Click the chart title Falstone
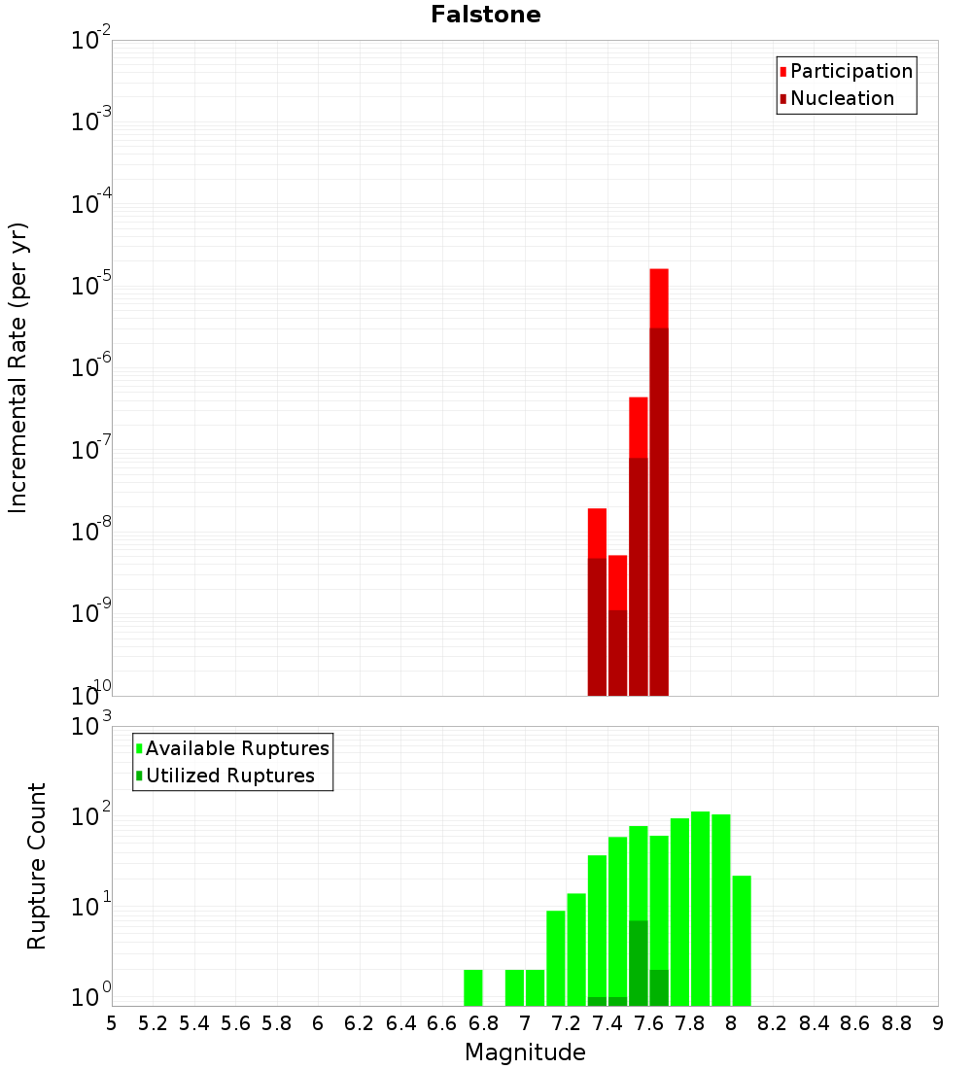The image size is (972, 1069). [x=486, y=15]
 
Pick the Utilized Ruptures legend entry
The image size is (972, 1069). [x=229, y=776]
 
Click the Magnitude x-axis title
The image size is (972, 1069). [x=525, y=1052]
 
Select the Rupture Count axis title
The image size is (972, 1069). [x=37, y=866]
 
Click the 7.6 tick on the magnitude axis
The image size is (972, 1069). [x=648, y=1023]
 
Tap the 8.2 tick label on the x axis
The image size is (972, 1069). [x=773, y=1023]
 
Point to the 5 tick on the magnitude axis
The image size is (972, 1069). [x=112, y=1023]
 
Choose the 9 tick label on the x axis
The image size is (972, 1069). [x=938, y=1023]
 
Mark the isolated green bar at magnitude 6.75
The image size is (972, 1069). [x=473, y=987]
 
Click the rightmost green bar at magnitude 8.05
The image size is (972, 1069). [x=742, y=941]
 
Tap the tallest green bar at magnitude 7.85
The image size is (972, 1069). [x=700, y=909]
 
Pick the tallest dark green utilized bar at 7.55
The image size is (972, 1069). [x=639, y=962]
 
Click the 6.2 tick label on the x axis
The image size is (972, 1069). [x=360, y=1023]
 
